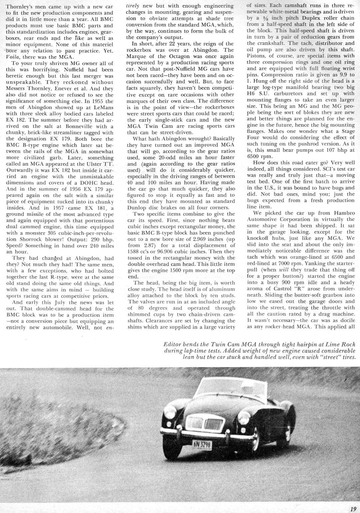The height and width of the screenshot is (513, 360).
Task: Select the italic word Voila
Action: click(13, 57)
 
